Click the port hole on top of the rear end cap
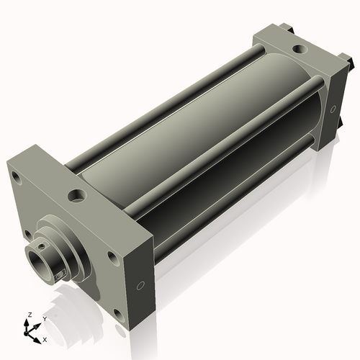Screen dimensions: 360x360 pos(297,50)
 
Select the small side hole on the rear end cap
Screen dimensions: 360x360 pos(333,109)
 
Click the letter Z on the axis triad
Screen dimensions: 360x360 pos(30,315)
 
